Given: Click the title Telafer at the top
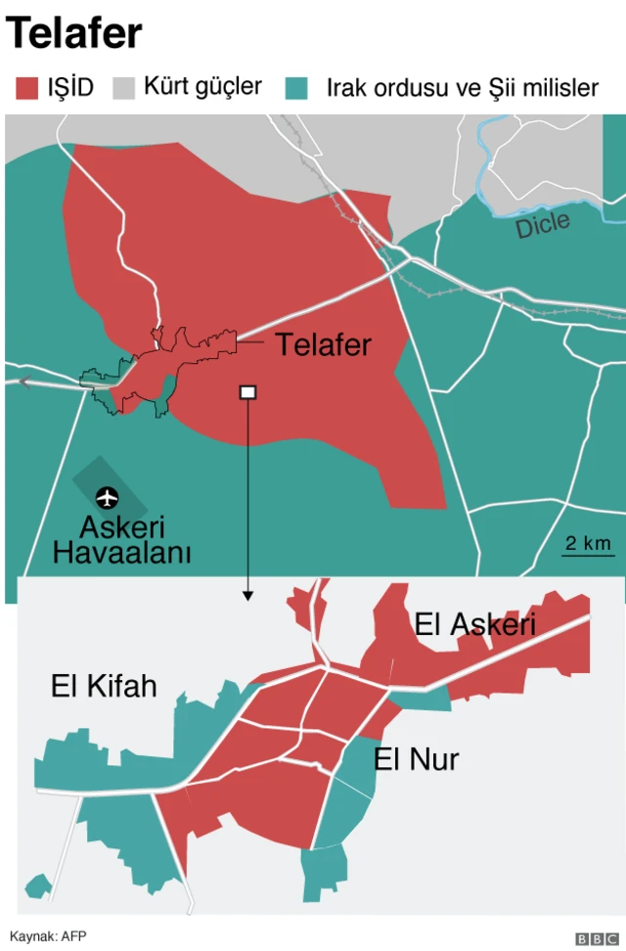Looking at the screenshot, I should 74,34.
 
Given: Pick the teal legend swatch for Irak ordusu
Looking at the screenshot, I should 296,89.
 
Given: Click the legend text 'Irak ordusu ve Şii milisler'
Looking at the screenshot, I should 462,89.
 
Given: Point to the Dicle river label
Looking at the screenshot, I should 543,225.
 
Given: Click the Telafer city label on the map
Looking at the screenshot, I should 323,344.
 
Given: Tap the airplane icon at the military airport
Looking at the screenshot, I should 106,497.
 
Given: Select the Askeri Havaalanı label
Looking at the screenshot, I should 121,540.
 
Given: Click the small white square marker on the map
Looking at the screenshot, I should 247,392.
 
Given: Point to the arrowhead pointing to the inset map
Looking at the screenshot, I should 247,594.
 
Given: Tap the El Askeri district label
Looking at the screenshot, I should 475,624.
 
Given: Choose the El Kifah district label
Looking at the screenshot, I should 104,686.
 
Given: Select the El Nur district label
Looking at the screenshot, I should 416,758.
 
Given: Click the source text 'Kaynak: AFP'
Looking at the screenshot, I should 48,935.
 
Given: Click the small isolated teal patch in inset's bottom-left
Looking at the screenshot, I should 38,886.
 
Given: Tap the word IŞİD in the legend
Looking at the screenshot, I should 70,89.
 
